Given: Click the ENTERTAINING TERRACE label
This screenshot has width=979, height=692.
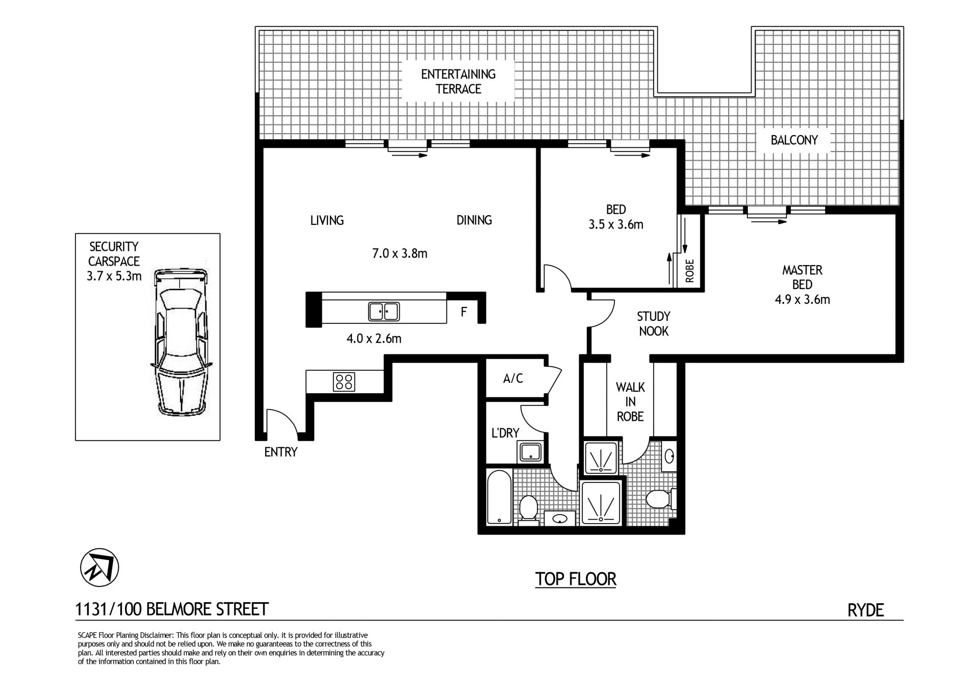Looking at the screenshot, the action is [458, 82].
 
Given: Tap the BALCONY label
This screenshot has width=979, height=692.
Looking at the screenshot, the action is [794, 140].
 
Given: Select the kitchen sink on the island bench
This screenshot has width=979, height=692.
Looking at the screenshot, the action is [384, 311].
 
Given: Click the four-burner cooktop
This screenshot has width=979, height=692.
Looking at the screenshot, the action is [344, 381].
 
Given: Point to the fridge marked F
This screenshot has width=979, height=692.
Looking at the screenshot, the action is [463, 312].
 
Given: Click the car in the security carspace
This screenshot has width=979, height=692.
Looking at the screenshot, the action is [181, 342].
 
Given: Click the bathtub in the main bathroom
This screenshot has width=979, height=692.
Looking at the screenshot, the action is [499, 497].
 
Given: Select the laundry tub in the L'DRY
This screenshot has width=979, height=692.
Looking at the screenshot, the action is [531, 451].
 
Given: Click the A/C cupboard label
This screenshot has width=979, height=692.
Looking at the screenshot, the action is [513, 378].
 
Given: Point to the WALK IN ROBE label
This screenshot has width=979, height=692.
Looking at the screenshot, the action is [630, 402].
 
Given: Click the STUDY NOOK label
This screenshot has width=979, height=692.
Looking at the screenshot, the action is [653, 324].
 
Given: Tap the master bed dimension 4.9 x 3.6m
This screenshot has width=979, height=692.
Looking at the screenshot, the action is [802, 299].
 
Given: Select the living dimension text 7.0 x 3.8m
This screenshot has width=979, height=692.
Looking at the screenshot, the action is [400, 253].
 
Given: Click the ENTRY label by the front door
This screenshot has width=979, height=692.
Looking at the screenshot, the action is [280, 452].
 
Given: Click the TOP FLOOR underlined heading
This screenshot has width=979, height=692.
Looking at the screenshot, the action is [576, 579].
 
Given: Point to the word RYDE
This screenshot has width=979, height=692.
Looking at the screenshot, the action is [865, 610].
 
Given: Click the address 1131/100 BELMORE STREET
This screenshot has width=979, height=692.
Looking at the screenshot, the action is [172, 609].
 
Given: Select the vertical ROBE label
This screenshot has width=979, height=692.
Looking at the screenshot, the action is [690, 271].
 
